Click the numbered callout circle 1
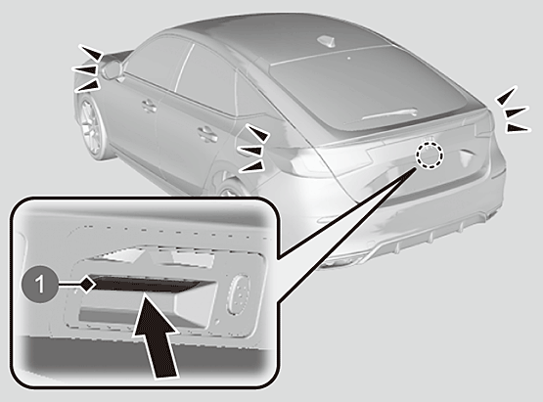coord(40,285)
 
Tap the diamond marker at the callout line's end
coord(88,285)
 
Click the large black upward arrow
coord(157,335)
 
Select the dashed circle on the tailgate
coord(430,155)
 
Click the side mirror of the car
coord(112,69)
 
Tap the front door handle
coord(150,105)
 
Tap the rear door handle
coord(208,134)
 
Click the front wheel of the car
coord(93,128)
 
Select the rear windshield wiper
coord(390,114)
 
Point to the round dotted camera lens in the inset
coord(238,294)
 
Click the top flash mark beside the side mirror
coord(91,52)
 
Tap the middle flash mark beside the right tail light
coord(517,112)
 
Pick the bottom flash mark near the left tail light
coord(251,166)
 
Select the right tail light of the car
coord(483,123)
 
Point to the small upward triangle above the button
coord(147,256)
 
